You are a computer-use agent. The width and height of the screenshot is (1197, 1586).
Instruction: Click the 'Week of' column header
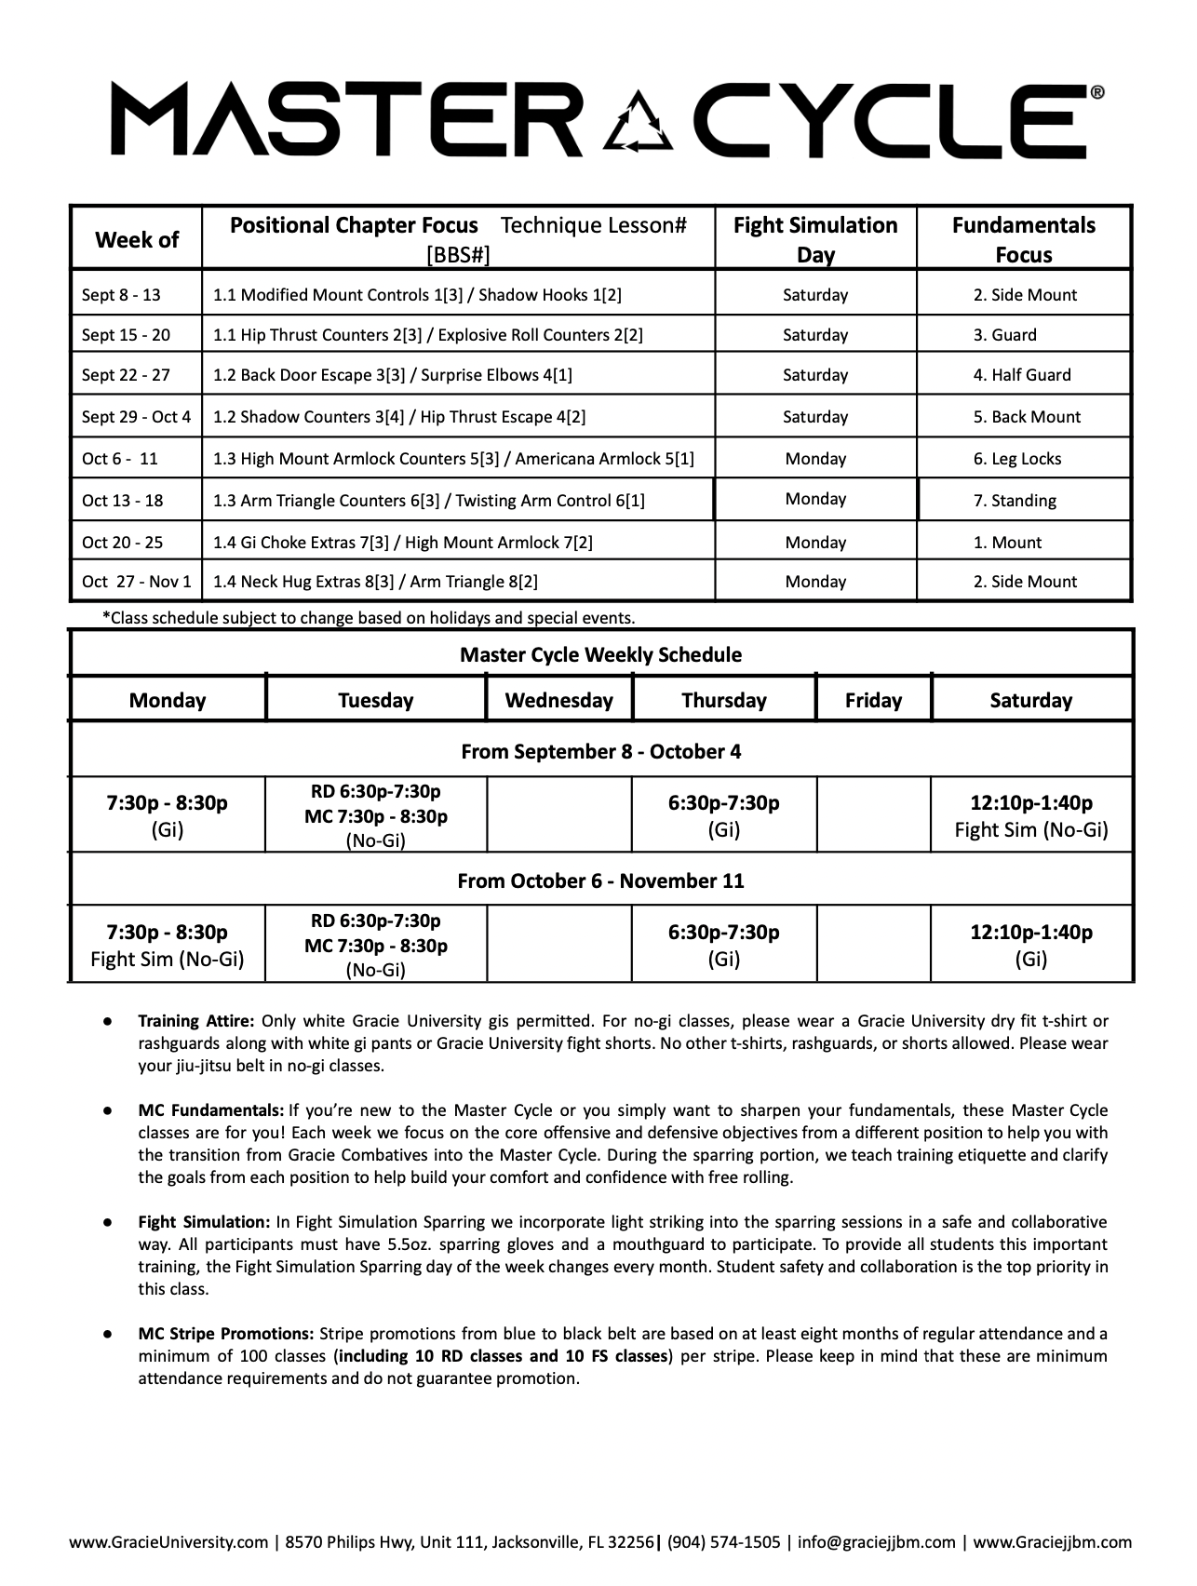136,240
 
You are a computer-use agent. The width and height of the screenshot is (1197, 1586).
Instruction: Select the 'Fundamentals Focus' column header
1023,240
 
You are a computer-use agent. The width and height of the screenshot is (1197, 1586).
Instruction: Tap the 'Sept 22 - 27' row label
126,375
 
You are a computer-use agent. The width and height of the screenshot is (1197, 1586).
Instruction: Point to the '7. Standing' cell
1015,501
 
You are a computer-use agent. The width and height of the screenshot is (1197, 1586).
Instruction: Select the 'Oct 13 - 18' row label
122,501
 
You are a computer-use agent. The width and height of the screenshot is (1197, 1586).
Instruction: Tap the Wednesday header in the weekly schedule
558,701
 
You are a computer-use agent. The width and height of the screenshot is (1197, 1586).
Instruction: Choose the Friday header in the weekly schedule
873,701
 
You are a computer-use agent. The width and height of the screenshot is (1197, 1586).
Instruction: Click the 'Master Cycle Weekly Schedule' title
600,654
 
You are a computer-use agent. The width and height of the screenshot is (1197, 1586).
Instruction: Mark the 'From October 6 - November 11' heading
600,880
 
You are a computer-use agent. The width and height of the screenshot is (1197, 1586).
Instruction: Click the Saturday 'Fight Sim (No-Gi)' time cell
1031,816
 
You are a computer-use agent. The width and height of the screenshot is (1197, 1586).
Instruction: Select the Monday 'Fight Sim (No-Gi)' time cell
168,946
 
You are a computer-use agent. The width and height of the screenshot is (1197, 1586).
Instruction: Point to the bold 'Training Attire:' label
196,1021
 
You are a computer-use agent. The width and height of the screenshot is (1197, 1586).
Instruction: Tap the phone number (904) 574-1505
723,1542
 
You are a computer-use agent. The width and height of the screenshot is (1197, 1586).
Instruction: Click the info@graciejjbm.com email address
876,1542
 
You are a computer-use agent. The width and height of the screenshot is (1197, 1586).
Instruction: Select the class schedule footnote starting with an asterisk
369,618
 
